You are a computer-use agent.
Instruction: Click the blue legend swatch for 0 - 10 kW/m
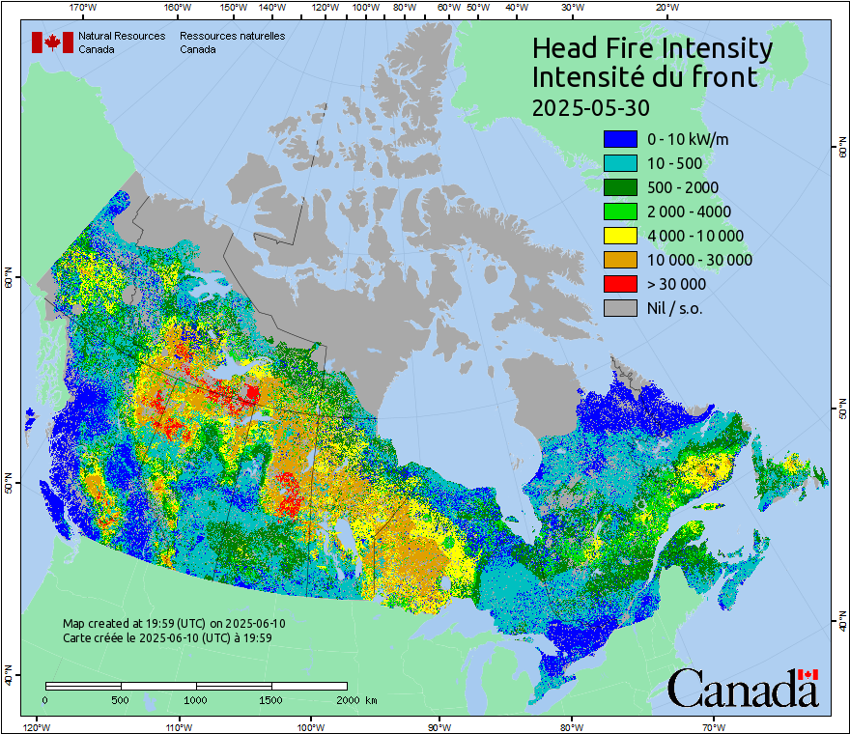[620, 139]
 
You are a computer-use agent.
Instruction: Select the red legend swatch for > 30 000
[620, 284]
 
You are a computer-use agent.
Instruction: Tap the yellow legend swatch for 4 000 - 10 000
[620, 236]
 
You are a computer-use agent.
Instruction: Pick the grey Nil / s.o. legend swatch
[620, 308]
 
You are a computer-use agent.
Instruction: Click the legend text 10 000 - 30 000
[699, 260]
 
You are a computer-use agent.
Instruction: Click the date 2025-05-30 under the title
[591, 106]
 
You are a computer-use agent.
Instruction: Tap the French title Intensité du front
[645, 77]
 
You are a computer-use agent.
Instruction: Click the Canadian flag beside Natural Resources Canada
[52, 42]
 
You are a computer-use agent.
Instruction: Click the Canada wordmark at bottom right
[743, 689]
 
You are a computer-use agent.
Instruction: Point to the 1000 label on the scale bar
[196, 699]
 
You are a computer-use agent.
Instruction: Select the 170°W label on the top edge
[84, 8]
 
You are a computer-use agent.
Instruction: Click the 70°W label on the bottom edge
[714, 726]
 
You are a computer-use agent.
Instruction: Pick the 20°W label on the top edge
[666, 8]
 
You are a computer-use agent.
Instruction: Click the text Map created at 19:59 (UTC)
[174, 624]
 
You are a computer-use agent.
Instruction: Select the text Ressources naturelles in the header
[232, 36]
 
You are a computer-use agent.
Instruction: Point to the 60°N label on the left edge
[8, 281]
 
